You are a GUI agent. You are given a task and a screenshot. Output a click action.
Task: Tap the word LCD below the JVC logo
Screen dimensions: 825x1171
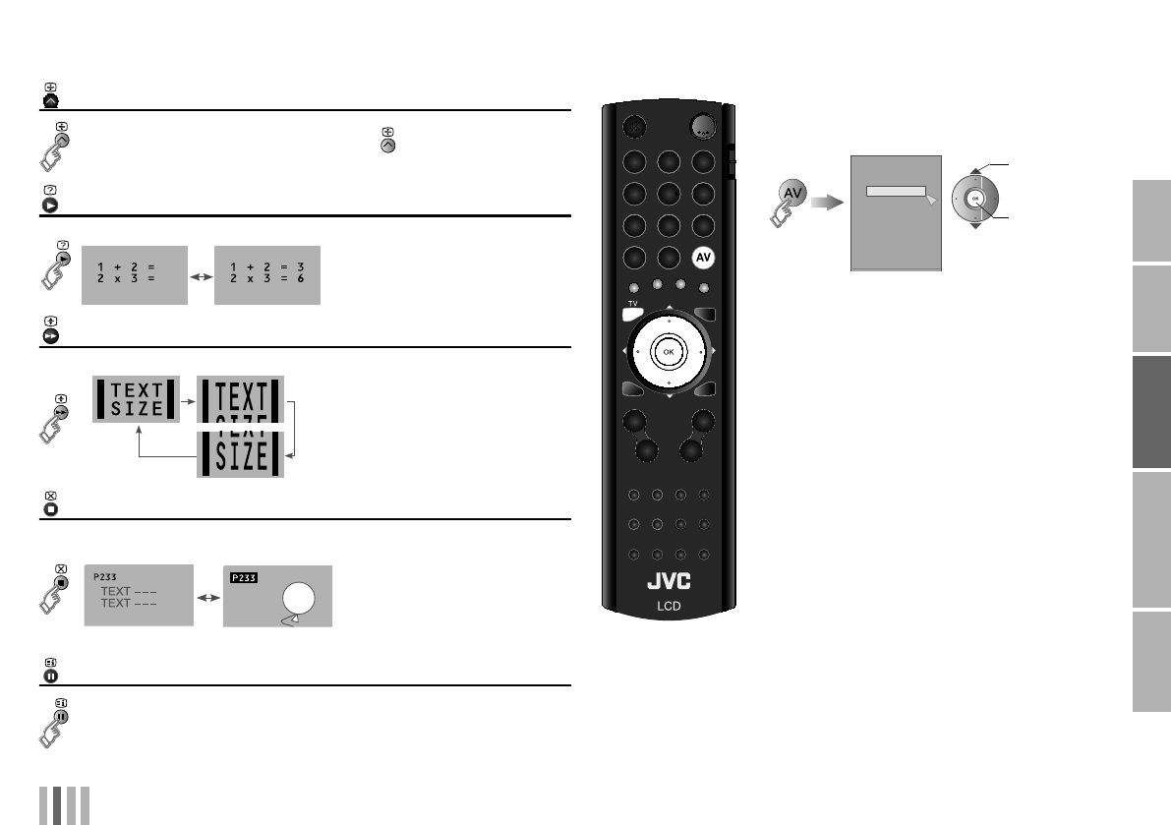tap(669, 607)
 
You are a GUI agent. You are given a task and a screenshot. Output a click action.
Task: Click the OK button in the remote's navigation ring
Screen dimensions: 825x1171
tap(668, 351)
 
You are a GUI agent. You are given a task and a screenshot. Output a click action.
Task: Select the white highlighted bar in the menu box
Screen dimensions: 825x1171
tap(894, 193)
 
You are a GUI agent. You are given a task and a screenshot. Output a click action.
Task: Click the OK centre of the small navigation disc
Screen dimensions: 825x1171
tap(974, 199)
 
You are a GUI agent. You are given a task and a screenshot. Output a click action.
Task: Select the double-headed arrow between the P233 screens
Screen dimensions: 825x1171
tap(208, 595)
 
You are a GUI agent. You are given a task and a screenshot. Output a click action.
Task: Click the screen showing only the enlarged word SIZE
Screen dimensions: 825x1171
tap(242, 455)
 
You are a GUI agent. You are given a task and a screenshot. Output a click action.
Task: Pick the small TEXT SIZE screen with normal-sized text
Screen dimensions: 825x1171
tap(135, 398)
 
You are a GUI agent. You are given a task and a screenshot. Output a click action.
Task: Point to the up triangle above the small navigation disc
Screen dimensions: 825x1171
tap(974, 171)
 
